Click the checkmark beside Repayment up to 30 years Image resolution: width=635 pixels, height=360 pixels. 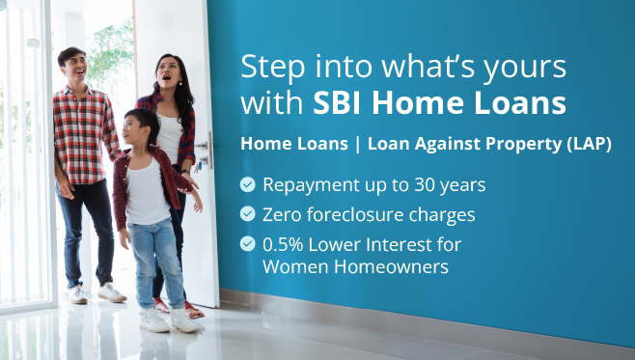tap(248, 183)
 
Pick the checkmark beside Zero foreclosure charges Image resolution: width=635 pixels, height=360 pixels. tap(248, 213)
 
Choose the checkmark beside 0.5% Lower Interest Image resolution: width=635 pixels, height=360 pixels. tap(248, 244)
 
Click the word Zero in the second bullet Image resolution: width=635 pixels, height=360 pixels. tap(283, 213)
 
